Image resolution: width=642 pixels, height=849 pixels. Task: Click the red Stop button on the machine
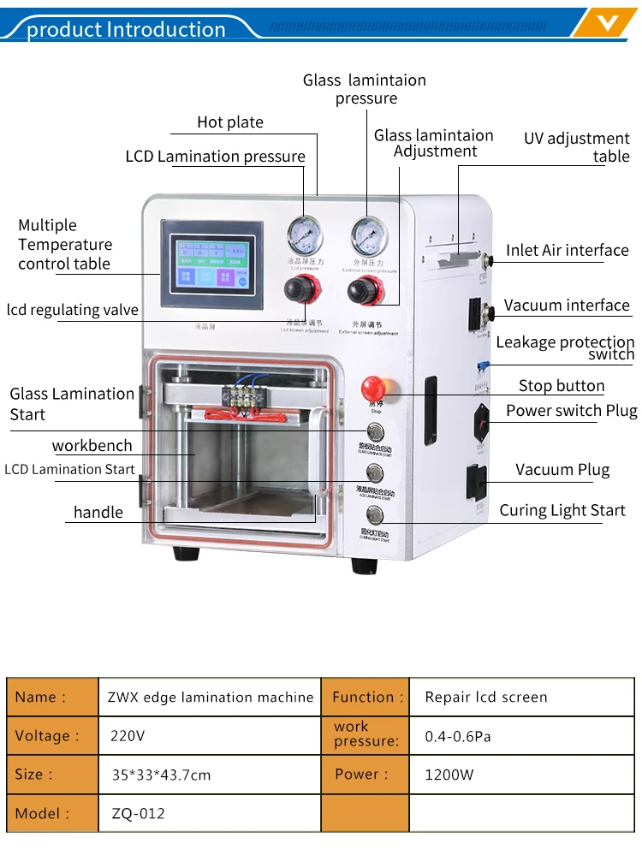tap(373, 385)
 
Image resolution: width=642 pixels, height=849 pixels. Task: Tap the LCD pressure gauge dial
tap(304, 234)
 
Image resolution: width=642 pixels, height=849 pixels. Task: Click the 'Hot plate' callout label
tap(230, 122)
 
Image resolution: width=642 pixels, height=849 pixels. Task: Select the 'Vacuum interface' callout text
tap(567, 306)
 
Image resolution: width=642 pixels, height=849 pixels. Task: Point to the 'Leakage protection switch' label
tap(565, 347)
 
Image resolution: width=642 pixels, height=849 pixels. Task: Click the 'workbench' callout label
tap(92, 446)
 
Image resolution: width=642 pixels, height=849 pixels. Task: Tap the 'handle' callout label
tap(98, 513)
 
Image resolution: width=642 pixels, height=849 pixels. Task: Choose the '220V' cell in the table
tap(128, 735)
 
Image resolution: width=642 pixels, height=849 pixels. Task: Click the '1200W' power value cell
tap(449, 775)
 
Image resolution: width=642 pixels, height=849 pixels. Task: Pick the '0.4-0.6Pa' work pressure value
tap(458, 736)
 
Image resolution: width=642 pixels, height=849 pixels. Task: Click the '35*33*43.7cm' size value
tap(161, 775)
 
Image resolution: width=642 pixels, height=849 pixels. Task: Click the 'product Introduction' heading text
tap(126, 30)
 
